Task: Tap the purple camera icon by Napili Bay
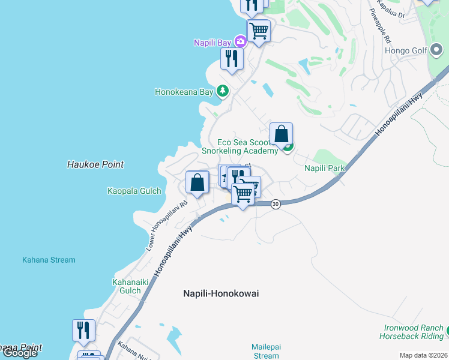coord(240,41)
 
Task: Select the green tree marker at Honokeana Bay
coord(223,91)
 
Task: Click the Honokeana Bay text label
coord(184,92)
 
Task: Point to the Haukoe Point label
coord(95,164)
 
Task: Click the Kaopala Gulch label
coord(134,191)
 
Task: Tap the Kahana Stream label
coord(49,260)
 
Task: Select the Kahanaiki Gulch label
coord(127,286)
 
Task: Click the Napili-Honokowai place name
coord(220,293)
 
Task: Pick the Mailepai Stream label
coord(266,351)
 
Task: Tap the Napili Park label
coord(324,168)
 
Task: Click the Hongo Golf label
coord(406,51)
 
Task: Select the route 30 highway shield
coord(275,204)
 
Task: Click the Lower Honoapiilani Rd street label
coord(167,225)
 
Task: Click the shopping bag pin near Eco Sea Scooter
coord(281,134)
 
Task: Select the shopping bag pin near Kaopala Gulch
coord(197,182)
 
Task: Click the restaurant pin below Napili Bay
coord(231,59)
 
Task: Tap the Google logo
coord(20,353)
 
